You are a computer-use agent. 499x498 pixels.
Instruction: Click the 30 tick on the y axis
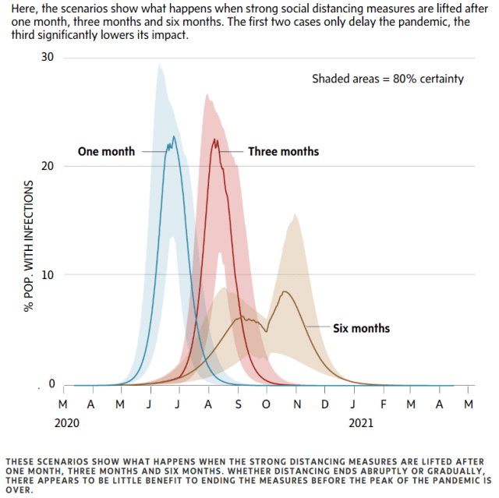[49, 58]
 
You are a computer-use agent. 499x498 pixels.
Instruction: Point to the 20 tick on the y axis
[49, 166]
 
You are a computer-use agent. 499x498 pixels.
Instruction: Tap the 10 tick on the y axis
[49, 275]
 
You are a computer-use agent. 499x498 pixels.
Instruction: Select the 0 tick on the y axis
[52, 383]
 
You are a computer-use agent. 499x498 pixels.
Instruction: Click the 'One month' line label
[106, 151]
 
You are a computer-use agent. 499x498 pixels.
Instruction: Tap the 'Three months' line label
[283, 151]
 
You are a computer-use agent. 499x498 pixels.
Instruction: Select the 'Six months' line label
[361, 328]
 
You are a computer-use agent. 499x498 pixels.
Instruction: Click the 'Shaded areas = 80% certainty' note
[388, 79]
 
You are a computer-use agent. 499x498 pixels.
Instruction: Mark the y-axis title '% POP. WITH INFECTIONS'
[29, 245]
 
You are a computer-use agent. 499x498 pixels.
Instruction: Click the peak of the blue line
[174, 137]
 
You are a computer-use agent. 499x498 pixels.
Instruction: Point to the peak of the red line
[214, 140]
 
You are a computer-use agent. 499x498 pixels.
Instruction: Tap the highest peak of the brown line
[285, 291]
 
